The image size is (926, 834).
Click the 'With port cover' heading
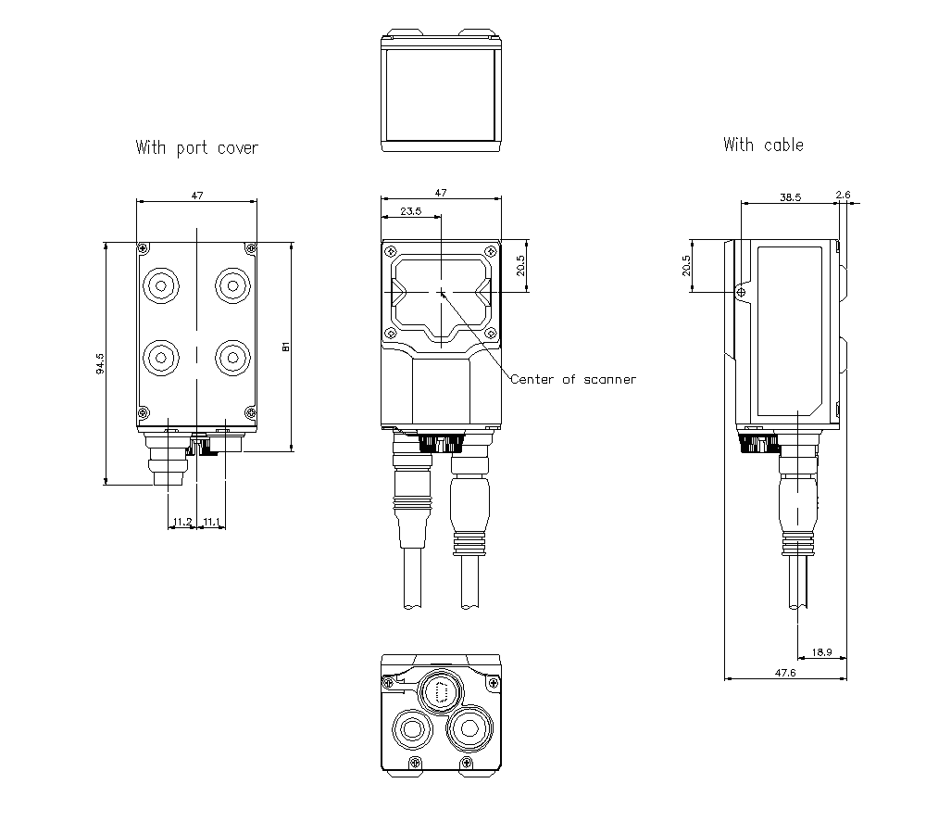196,147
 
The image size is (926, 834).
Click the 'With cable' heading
763,145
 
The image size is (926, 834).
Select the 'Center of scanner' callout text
573,379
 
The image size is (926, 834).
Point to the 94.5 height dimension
99,362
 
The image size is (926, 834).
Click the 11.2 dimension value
181,523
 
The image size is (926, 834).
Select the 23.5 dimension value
410,211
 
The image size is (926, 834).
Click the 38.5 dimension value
789,197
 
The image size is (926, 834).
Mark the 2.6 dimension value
843,195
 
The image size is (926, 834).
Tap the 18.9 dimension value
821,652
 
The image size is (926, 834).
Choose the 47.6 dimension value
787,673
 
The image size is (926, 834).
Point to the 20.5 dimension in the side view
686,266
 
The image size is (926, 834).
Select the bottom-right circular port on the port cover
231,356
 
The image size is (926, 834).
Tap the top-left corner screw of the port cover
143,248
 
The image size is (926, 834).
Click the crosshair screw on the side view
741,292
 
